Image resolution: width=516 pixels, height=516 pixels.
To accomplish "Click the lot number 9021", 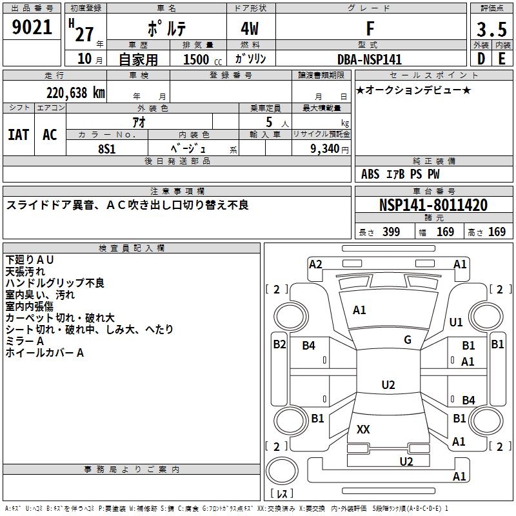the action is tap(32, 28).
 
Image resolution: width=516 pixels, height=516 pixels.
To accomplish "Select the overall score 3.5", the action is tap(491, 29).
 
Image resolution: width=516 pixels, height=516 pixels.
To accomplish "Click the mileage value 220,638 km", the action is tap(75, 92).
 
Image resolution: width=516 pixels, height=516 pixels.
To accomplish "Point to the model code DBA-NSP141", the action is tap(370, 59).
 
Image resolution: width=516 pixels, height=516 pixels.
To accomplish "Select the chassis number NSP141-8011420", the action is tap(433, 206).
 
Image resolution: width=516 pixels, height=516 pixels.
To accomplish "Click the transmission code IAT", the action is tap(19, 135).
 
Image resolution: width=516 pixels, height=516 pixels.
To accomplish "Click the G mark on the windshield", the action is tap(408, 340).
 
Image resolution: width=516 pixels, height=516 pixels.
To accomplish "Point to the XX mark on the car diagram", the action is tap(363, 429).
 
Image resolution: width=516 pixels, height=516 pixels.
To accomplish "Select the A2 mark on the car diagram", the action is tap(316, 264).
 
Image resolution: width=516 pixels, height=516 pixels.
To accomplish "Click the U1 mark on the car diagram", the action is tap(456, 322).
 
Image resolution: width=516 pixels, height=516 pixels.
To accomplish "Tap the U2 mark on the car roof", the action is tap(388, 385).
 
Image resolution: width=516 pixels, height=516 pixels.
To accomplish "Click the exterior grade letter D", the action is tap(481, 59).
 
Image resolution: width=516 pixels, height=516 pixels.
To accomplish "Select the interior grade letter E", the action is tap(502, 59).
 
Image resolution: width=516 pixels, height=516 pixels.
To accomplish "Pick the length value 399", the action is tap(392, 232).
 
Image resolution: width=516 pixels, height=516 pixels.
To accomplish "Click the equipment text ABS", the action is tap(370, 174).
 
